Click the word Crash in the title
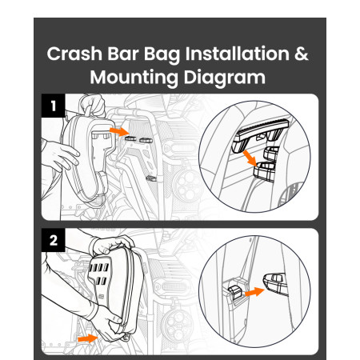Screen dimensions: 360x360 74,54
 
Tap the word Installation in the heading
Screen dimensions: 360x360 238,54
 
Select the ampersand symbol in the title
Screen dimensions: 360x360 302,54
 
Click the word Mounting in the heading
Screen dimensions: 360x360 134,78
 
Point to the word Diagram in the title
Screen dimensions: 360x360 225,78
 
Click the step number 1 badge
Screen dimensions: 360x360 54,106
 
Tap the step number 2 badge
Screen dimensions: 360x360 54,240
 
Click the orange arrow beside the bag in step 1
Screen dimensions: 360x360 119,131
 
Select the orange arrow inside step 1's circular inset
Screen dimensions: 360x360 250,158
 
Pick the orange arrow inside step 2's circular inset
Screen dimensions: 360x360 254,292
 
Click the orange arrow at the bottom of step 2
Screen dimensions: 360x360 88,338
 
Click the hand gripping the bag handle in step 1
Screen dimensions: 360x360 92,105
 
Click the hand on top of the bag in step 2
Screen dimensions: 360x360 111,245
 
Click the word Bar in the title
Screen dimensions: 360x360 123,54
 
